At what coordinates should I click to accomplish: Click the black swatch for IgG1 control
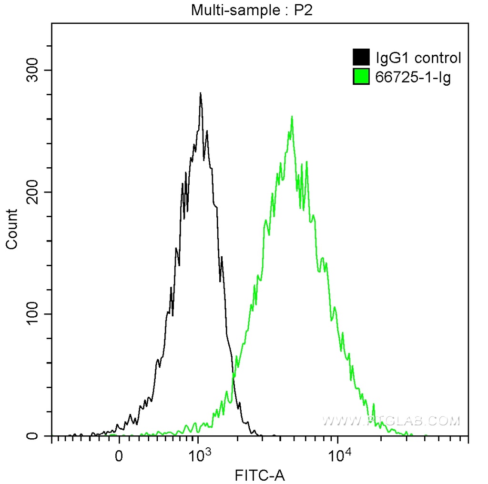click(x=361, y=58)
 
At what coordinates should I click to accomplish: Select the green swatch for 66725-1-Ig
click(x=361, y=76)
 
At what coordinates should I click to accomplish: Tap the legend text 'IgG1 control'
click(x=418, y=58)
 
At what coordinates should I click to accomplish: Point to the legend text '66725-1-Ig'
click(x=413, y=77)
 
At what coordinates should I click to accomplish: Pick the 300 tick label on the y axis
click(x=33, y=70)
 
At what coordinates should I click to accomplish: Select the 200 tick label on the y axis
click(x=33, y=192)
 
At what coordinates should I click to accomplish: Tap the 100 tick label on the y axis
click(x=33, y=314)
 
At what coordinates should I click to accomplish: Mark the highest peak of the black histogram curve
click(x=201, y=93)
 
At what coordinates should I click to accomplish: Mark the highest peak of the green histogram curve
click(x=292, y=117)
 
